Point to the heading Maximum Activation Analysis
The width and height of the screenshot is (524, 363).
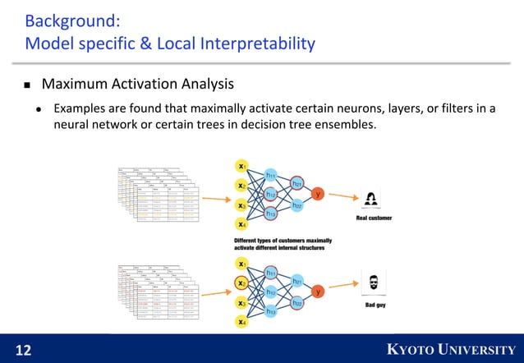tap(138, 84)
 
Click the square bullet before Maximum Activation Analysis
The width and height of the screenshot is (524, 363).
tap(27, 85)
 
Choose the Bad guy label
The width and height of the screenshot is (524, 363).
tap(375, 305)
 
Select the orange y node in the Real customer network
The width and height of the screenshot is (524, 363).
tap(318, 194)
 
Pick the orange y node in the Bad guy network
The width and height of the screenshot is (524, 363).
tap(318, 292)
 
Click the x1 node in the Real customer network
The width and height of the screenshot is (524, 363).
tap(241, 165)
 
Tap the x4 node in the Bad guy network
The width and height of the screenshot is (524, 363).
tap(241, 323)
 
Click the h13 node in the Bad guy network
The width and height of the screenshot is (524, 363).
tap(270, 312)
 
